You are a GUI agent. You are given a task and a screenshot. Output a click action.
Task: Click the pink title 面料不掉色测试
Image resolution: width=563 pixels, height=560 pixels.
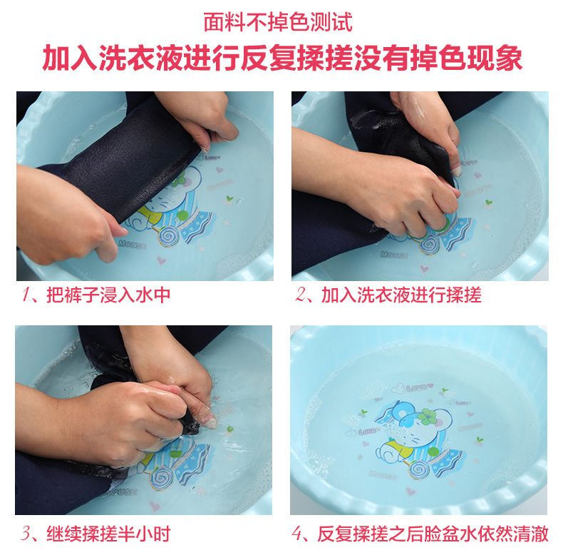[x=278, y=22]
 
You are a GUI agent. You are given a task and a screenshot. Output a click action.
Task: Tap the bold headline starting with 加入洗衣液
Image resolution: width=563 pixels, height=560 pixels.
[x=282, y=58]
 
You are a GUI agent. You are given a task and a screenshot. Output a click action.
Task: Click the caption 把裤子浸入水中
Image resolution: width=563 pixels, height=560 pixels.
[x=108, y=295]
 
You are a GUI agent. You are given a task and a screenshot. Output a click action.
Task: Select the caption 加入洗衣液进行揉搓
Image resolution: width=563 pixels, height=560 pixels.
[x=401, y=295]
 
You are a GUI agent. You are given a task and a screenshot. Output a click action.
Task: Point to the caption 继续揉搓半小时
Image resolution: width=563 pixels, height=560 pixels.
[x=108, y=534]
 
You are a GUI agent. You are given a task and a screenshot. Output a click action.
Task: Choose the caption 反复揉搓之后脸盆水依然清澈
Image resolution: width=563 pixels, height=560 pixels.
[x=433, y=534]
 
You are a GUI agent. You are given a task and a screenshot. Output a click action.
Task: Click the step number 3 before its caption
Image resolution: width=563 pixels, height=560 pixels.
[x=26, y=534]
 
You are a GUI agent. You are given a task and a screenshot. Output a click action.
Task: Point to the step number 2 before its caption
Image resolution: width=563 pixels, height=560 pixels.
[x=300, y=295]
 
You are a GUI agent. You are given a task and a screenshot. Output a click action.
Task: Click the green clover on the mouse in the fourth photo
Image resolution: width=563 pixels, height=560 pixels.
[x=427, y=417]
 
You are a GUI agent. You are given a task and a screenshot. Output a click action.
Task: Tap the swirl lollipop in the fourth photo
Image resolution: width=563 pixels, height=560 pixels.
[x=418, y=470]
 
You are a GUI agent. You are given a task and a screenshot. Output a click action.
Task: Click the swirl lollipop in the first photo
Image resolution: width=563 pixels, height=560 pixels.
[x=167, y=237]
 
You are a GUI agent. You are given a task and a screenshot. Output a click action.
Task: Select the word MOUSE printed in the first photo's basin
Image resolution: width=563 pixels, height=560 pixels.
[x=132, y=245]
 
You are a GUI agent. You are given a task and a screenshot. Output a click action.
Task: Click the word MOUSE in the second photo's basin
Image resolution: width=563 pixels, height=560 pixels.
[x=394, y=255]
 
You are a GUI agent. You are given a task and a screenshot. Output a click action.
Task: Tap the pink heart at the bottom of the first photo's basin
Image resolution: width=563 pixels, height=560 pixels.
[x=161, y=260]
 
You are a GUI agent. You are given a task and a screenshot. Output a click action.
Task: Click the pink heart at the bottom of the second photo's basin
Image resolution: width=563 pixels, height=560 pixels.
[x=424, y=269]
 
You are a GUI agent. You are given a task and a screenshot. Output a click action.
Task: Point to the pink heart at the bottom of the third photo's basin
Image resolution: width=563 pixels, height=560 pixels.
[x=155, y=506]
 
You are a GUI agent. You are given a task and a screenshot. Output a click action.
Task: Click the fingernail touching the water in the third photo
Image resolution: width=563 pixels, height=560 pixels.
[x=210, y=424]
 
